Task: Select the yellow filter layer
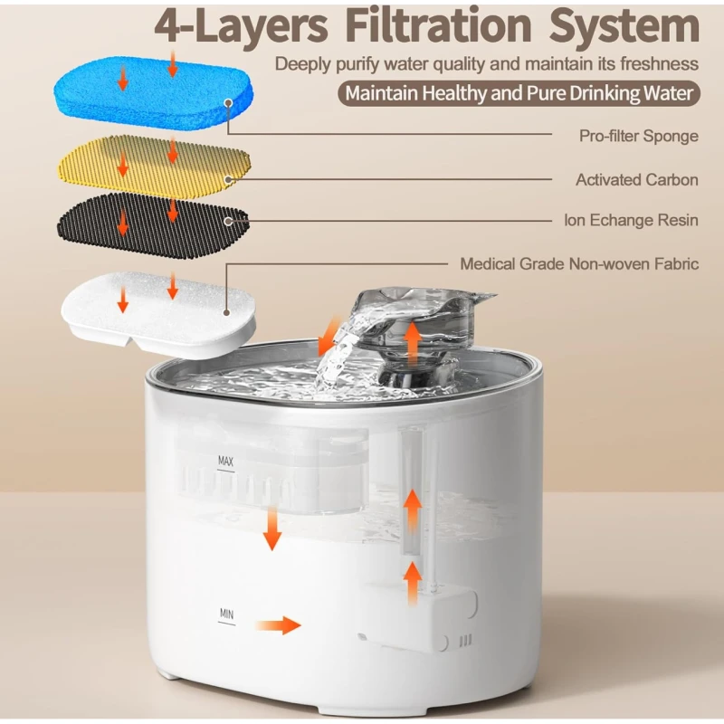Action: tap(154, 167)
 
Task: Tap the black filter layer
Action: tap(152, 226)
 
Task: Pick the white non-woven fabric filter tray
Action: tap(158, 314)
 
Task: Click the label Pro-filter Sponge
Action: tap(639, 137)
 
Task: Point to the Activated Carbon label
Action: tap(637, 179)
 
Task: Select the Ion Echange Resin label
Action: tap(631, 220)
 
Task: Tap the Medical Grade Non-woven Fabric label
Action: tap(579, 263)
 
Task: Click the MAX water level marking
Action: tap(225, 462)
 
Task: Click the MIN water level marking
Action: tap(227, 614)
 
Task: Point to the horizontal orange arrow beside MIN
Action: tap(278, 625)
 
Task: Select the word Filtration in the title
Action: tap(438, 26)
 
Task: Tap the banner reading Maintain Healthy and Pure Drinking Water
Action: tap(519, 94)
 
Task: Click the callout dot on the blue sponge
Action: tap(228, 103)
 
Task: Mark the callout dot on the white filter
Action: tap(227, 312)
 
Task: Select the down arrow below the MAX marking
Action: tap(272, 529)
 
